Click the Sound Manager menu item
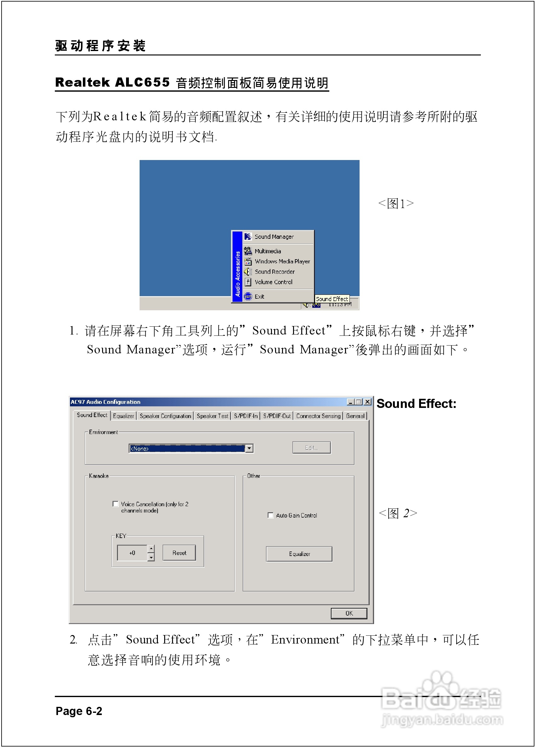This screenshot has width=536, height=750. point(274,237)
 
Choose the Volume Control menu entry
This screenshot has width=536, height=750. point(273,282)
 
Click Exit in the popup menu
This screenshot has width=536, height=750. point(259,297)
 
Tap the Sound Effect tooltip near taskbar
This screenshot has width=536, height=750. point(332,299)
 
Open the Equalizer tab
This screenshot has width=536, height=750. point(124,416)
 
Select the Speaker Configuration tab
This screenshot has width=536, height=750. point(165,416)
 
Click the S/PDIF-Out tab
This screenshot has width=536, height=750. point(277,416)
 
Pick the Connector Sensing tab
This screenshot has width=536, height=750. point(318,416)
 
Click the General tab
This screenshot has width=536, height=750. point(355,416)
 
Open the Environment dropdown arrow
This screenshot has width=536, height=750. point(250,449)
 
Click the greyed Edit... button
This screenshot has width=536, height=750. point(311,448)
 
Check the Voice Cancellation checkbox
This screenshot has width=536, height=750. point(116,504)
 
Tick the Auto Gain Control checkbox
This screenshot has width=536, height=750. point(270,515)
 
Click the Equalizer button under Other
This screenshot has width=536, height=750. point(299,554)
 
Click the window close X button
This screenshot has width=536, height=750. point(367,402)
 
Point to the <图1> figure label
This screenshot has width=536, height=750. point(396,203)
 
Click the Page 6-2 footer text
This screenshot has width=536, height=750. point(79,711)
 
